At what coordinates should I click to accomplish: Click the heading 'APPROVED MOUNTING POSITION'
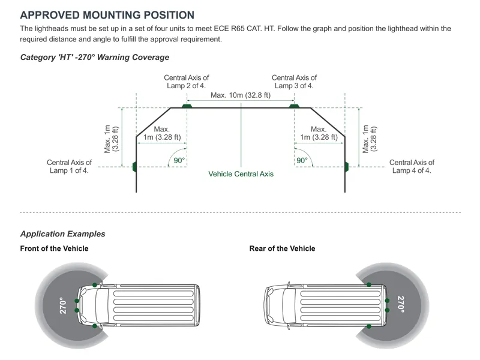(x=107, y=15)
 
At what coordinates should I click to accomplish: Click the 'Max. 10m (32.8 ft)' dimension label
(x=240, y=95)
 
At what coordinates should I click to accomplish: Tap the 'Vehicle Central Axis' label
(x=241, y=174)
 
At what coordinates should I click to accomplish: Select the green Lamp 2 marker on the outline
(x=187, y=106)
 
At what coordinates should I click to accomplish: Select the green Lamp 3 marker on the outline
(x=294, y=106)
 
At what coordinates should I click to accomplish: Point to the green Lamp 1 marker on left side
(x=135, y=166)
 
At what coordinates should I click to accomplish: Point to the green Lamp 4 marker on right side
(x=346, y=166)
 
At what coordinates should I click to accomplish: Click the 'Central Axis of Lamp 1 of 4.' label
(x=69, y=166)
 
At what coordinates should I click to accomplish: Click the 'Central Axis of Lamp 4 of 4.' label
(x=412, y=166)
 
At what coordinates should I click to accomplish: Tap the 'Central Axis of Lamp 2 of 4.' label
(x=187, y=82)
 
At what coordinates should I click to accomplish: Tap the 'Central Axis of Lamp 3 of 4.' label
(x=294, y=82)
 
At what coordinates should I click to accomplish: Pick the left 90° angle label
(x=179, y=160)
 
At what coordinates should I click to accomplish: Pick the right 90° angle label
(x=302, y=160)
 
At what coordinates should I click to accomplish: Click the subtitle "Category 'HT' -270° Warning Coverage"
(x=95, y=58)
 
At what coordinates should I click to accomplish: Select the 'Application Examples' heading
(x=62, y=234)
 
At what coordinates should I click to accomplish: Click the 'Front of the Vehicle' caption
(x=54, y=248)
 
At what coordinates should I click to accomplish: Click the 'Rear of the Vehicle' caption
(x=282, y=248)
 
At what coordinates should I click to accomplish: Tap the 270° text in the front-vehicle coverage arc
(x=61, y=305)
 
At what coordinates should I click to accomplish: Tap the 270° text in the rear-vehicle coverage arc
(x=401, y=305)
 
